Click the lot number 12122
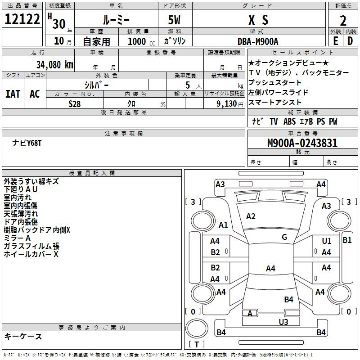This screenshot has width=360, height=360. [x=22, y=19]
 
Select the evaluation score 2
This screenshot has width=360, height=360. [x=343, y=21]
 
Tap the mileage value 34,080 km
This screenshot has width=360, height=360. [x=55, y=65]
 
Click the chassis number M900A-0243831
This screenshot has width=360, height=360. [x=302, y=143]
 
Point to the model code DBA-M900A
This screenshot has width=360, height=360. [x=258, y=41]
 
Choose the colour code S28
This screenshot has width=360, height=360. [x=75, y=104]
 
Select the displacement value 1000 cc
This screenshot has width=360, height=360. [x=141, y=41]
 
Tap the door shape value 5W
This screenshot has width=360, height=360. [x=174, y=20]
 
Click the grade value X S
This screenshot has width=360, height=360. [x=258, y=20]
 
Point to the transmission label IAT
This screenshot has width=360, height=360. [x=13, y=94]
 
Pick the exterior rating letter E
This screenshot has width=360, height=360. [x=336, y=41]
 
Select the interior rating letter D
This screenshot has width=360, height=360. [x=350, y=41]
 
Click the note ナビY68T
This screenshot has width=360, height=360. [x=27, y=143]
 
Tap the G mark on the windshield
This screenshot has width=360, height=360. [x=284, y=237]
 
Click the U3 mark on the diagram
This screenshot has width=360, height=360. [x=283, y=322]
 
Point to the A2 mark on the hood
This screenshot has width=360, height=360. [x=251, y=216]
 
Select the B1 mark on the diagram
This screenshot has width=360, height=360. [x=347, y=240]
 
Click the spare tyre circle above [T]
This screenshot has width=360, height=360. [x=197, y=328]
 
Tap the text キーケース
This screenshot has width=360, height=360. [x=23, y=336]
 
